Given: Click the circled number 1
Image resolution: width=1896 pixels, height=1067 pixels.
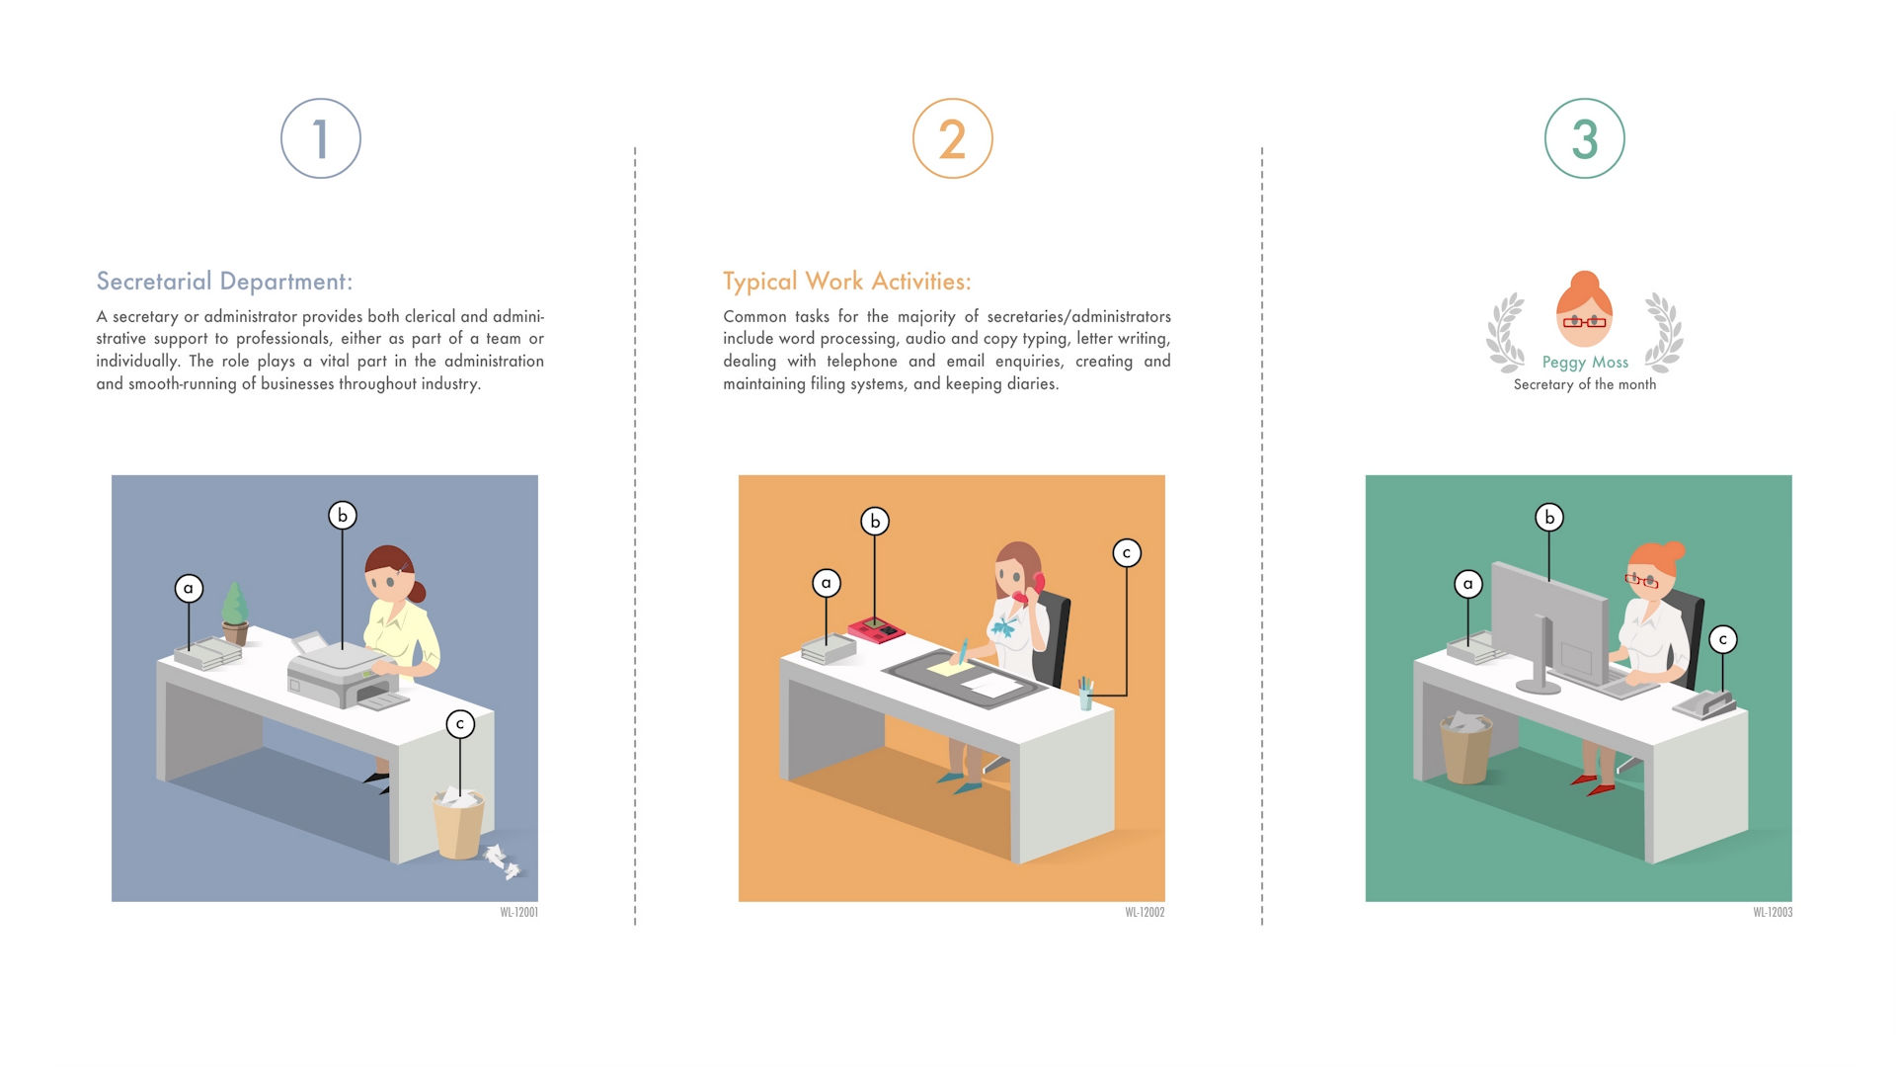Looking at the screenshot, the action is pyautogui.click(x=321, y=138).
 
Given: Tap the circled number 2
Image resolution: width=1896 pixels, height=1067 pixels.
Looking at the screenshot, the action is pyautogui.click(x=953, y=138).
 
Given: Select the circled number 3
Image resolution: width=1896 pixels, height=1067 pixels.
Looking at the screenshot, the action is pyautogui.click(x=1585, y=138).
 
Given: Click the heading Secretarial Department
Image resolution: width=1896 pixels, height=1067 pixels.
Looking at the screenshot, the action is pyautogui.click(x=224, y=282).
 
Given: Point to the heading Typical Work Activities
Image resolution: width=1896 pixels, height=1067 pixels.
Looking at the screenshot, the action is pyautogui.click(x=847, y=282).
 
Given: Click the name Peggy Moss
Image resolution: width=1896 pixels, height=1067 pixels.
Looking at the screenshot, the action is pyautogui.click(x=1585, y=363).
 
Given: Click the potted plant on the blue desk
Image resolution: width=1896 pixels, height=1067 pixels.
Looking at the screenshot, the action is pyautogui.click(x=234, y=613).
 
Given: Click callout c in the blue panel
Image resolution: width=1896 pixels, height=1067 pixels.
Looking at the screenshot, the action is pyautogui.click(x=460, y=724).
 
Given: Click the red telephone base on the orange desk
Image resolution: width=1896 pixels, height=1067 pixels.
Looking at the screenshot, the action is pyautogui.click(x=876, y=629).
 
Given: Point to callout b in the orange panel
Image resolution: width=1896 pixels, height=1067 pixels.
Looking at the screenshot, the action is pyautogui.click(x=875, y=521).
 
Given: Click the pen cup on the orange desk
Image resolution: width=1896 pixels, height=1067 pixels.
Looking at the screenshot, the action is pyautogui.click(x=1085, y=694).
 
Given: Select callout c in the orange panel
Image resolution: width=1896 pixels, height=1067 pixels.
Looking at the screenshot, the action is pyautogui.click(x=1127, y=553).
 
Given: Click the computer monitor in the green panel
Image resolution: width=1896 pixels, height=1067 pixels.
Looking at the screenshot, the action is pyautogui.click(x=1549, y=627).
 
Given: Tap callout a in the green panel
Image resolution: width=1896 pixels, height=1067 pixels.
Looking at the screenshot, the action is pyautogui.click(x=1468, y=584).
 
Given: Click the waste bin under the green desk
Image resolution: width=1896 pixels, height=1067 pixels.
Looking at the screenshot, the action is pyautogui.click(x=1466, y=748).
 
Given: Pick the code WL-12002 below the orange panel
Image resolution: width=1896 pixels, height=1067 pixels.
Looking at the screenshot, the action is pyautogui.click(x=1145, y=913).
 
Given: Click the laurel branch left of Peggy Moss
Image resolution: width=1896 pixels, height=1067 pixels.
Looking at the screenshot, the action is pyautogui.click(x=1506, y=332).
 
